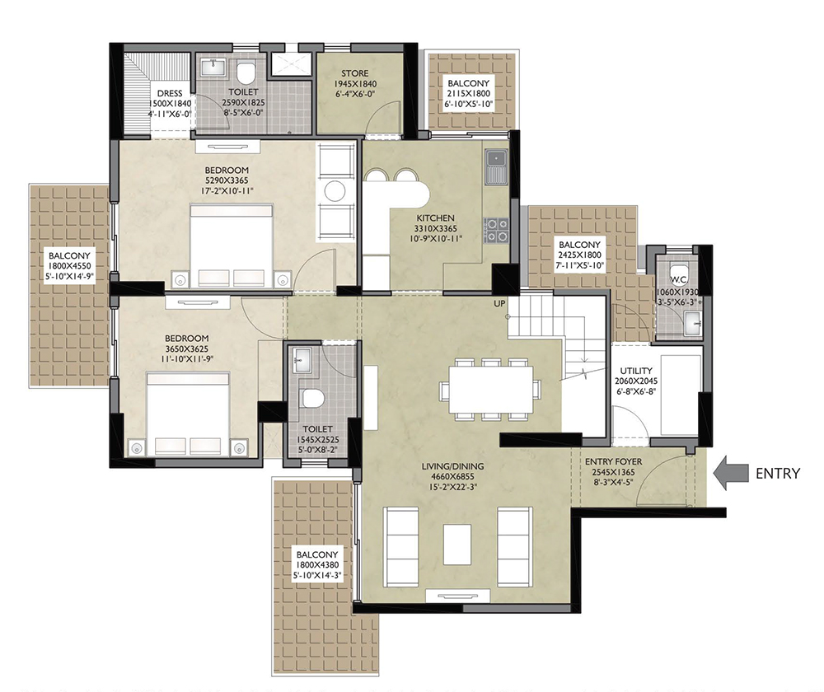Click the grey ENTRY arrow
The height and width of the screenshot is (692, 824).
pyautogui.click(x=730, y=473)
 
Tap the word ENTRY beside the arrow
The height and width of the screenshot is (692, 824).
pyautogui.click(x=778, y=474)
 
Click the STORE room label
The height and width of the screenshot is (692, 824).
pyautogui.click(x=354, y=73)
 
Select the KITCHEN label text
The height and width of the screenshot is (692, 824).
pyautogui.click(x=436, y=218)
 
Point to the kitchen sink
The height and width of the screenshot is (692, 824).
pyautogui.click(x=495, y=166)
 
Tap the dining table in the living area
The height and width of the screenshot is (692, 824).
pyautogui.click(x=490, y=390)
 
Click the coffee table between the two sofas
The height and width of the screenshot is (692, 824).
pyautogui.click(x=456, y=545)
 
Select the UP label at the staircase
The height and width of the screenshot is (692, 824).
pyautogui.click(x=499, y=304)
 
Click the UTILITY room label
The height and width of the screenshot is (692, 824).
pyautogui.click(x=636, y=371)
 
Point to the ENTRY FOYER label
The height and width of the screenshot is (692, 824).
pyautogui.click(x=613, y=462)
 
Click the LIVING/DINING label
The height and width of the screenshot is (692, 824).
pyautogui.click(x=453, y=466)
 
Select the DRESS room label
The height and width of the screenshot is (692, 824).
pyautogui.click(x=170, y=94)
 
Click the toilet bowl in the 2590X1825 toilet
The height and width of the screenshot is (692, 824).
pyautogui.click(x=246, y=73)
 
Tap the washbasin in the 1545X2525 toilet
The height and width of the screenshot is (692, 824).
pyautogui.click(x=302, y=362)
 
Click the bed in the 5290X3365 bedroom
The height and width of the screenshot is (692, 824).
pyautogui.click(x=232, y=247)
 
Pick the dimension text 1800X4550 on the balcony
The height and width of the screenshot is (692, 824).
pyautogui.click(x=69, y=266)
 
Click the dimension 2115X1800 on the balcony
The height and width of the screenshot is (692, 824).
pyautogui.click(x=468, y=94)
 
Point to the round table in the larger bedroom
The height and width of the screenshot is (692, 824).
pyautogui.click(x=335, y=190)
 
